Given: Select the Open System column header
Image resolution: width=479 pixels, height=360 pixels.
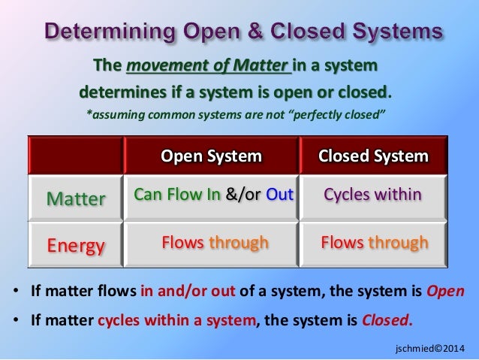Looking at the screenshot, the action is click(x=212, y=156).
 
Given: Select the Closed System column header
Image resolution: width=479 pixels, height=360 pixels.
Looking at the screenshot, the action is click(x=373, y=156).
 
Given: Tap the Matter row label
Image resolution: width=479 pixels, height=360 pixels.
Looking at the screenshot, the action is click(x=76, y=199).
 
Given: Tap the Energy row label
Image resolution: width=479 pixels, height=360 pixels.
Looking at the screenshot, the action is click(x=76, y=245).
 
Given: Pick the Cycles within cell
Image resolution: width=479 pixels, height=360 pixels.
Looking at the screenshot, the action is click(x=373, y=195).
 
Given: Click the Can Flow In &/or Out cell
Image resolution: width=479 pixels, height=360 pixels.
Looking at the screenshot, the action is click(x=212, y=195).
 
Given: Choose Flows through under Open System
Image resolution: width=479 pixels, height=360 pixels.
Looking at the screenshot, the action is click(x=215, y=242).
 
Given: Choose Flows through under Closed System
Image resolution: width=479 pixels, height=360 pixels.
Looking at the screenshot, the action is click(x=374, y=242).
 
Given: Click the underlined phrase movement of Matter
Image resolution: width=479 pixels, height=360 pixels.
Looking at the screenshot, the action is click(x=208, y=65).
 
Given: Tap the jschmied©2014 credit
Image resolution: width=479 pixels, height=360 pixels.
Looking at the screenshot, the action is click(x=429, y=349).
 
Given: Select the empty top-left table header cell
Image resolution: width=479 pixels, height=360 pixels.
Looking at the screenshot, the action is click(x=76, y=156).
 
